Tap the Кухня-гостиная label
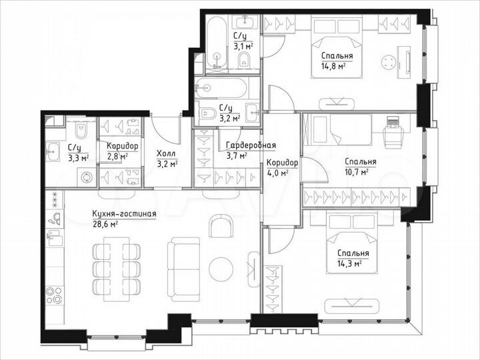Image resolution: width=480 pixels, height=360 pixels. tap(124, 214)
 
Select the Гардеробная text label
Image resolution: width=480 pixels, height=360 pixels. tap(250, 145)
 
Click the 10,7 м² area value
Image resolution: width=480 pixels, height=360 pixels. tap(359, 172)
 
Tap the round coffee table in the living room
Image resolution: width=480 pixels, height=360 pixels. tap(221, 269)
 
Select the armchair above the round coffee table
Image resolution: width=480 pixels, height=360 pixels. tap(221, 227)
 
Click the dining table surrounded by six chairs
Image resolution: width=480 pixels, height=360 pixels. tap(117, 268)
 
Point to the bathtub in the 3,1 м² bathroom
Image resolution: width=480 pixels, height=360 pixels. tap(217, 43)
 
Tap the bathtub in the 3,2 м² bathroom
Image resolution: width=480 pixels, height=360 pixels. tap(220, 87)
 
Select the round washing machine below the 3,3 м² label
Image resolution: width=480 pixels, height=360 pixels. tap(86, 177)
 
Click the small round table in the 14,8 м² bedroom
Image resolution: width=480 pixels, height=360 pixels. tap(388, 64)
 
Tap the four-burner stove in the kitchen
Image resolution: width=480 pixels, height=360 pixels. tap(54, 294)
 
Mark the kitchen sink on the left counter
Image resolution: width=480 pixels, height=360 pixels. tap(54, 219)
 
